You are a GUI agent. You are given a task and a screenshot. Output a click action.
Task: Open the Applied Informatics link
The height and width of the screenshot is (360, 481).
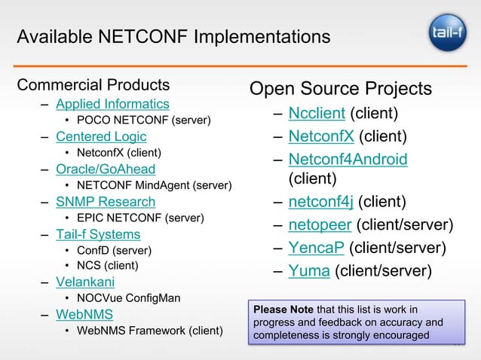coord(112,104)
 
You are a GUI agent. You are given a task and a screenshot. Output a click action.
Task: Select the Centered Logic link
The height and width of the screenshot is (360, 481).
coord(101,136)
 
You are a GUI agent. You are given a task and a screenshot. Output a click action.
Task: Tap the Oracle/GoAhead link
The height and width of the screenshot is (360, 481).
coord(106,169)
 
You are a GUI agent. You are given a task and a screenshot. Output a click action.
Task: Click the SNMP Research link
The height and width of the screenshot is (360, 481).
coord(106,202)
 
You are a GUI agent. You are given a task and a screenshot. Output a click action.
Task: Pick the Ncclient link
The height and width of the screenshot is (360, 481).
coord(317,114)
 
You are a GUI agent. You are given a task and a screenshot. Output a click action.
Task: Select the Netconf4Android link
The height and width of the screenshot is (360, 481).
coord(348,159)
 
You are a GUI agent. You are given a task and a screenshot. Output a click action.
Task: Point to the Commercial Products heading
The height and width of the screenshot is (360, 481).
coord(93,84)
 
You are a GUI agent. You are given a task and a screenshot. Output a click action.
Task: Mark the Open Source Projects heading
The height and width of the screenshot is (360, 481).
coord(340,89)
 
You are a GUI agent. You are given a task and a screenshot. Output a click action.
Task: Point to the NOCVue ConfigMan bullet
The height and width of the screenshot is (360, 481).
coord(128,298)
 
